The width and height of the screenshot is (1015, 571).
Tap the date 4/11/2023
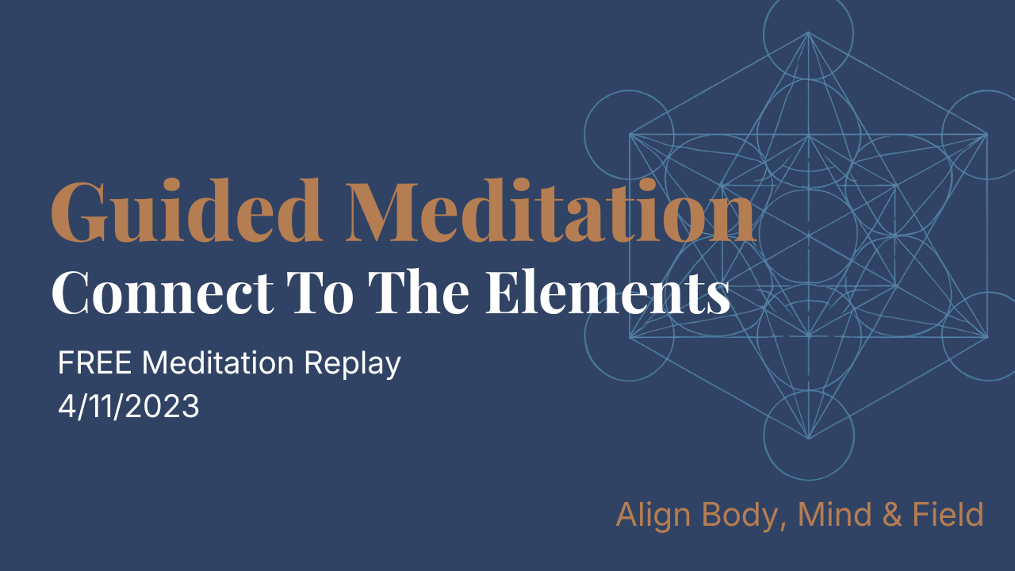128,406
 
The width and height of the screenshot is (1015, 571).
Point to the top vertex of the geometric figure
808,33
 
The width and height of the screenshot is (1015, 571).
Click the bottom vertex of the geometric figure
808,438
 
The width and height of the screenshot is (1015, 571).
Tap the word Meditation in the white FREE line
223,364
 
